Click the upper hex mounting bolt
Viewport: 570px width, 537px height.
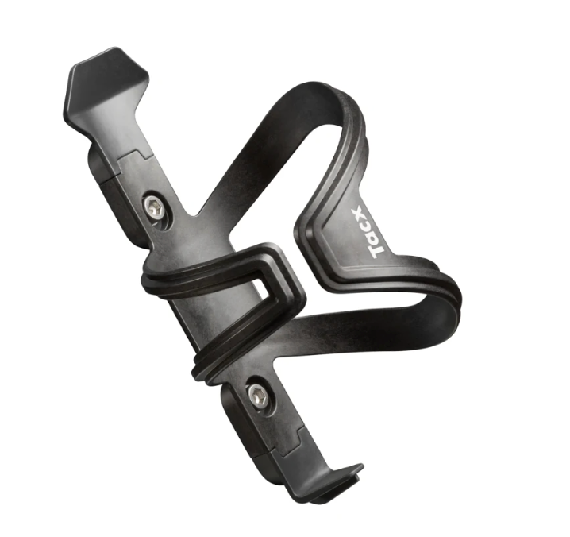tap(156, 208)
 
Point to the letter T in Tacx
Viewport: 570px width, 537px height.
tap(377, 249)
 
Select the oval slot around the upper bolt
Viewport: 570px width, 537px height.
tap(156, 208)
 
